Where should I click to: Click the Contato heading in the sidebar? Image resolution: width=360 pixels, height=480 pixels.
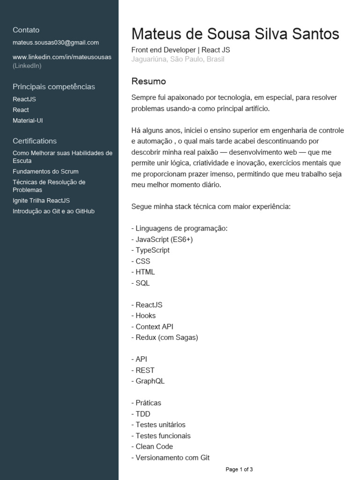pos(26,30)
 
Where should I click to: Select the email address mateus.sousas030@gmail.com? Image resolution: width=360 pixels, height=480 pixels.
pos(56,42)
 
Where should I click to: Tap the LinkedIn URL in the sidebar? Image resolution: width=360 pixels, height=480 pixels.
pos(62,57)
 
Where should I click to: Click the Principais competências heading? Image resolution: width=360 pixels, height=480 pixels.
pos(53,86)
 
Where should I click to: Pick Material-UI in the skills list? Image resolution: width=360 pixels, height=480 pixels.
pos(28,120)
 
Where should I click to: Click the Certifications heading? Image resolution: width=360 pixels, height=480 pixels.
pos(35,141)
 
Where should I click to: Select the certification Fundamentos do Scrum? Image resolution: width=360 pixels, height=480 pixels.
pos(45,172)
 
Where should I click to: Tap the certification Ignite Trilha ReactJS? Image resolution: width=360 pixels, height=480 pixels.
pos(41,201)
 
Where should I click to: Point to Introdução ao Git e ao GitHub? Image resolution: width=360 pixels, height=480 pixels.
pos(53,211)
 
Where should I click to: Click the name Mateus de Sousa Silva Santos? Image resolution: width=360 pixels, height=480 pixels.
pos(235,34)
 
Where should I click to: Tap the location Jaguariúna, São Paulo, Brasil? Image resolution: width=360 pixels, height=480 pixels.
pos(178,59)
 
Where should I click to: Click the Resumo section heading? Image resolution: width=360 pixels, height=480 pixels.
pos(149,81)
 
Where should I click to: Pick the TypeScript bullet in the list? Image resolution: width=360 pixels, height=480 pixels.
pos(150,250)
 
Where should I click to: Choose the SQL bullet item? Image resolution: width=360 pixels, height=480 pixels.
pos(141,283)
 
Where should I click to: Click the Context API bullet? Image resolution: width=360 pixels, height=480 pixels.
pos(152,327)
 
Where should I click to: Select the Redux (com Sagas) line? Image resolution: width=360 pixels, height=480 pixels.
pos(165,337)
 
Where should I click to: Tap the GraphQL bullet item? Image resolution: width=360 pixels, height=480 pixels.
pos(148,381)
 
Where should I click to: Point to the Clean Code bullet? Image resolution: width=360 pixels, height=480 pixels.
pos(152,447)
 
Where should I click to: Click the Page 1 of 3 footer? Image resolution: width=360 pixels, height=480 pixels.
pos(239,469)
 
